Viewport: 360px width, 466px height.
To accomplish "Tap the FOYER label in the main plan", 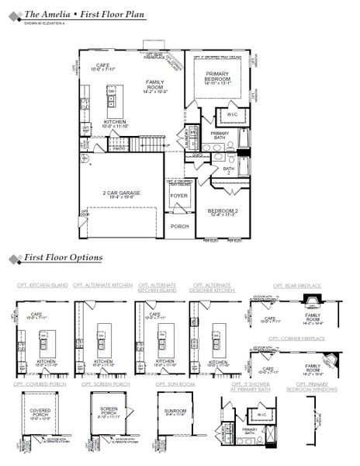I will (178, 196).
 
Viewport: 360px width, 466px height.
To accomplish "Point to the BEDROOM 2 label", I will (221, 210).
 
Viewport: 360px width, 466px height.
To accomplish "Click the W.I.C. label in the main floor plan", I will (232, 114).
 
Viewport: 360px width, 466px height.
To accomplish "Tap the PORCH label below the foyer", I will (180, 227).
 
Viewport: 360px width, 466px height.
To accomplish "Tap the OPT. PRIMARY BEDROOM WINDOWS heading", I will (317, 386).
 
